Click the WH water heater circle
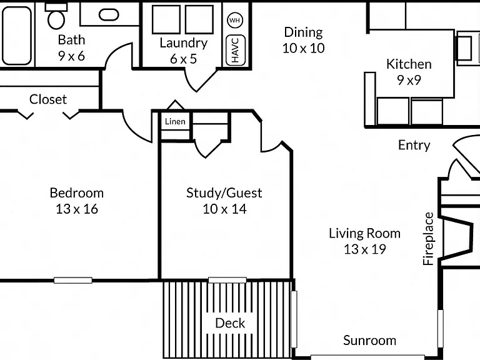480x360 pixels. click(x=235, y=20)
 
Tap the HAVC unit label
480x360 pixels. click(x=235, y=50)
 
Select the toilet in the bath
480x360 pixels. click(x=56, y=16)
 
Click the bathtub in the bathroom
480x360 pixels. click(x=17, y=36)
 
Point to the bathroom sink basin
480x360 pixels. click(x=109, y=14)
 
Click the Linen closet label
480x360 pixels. click(x=175, y=121)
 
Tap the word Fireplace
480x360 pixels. click(x=428, y=239)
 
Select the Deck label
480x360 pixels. click(x=230, y=323)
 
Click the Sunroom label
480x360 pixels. click(x=369, y=341)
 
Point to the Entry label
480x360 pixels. click(x=414, y=145)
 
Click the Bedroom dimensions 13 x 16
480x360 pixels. click(x=77, y=209)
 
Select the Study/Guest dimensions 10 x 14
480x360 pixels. click(x=224, y=209)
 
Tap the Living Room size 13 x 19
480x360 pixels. click(x=364, y=249)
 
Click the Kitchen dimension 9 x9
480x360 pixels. click(x=409, y=80)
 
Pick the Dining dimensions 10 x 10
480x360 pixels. click(x=303, y=48)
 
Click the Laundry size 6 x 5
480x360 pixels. click(x=183, y=59)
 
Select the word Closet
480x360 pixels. click(x=48, y=99)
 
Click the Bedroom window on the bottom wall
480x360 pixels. click(x=73, y=280)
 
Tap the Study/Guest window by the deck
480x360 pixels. click(x=227, y=280)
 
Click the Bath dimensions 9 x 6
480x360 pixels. click(x=71, y=56)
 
